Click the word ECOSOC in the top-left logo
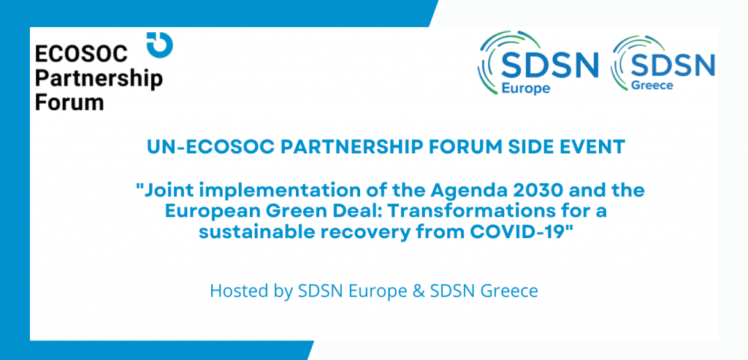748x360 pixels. click(82, 55)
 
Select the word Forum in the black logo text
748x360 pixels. click(69, 102)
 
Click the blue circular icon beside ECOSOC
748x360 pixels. click(160, 45)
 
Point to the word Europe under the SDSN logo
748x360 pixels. click(526, 88)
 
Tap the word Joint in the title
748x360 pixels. click(160, 191)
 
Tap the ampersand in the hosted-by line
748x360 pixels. click(420, 291)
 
